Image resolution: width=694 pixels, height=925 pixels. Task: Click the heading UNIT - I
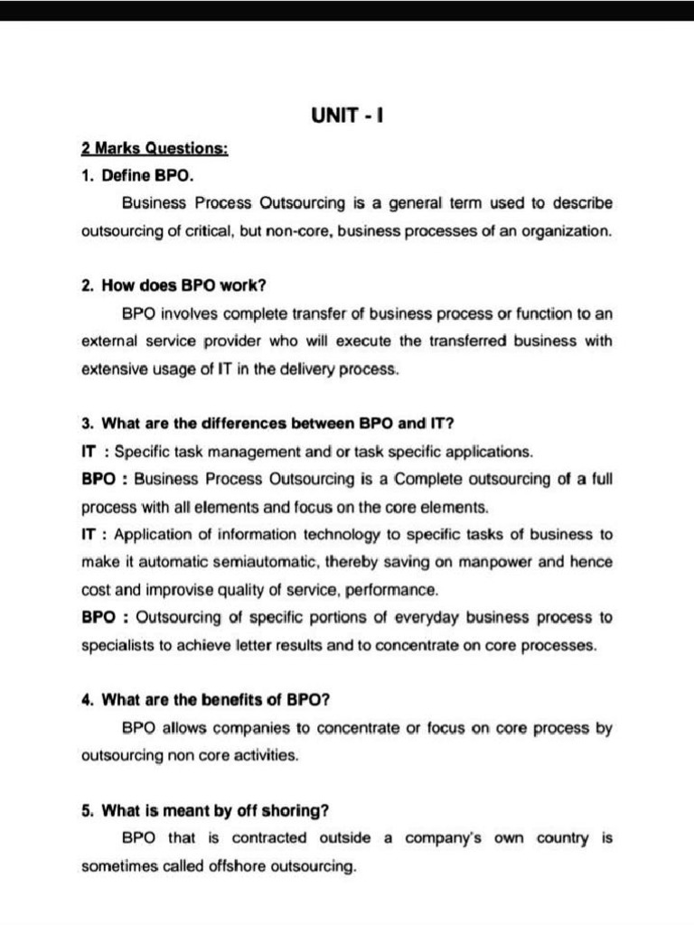[x=348, y=117]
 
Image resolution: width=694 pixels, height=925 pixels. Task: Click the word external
[x=108, y=341]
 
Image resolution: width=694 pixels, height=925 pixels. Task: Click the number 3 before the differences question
[x=87, y=423]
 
